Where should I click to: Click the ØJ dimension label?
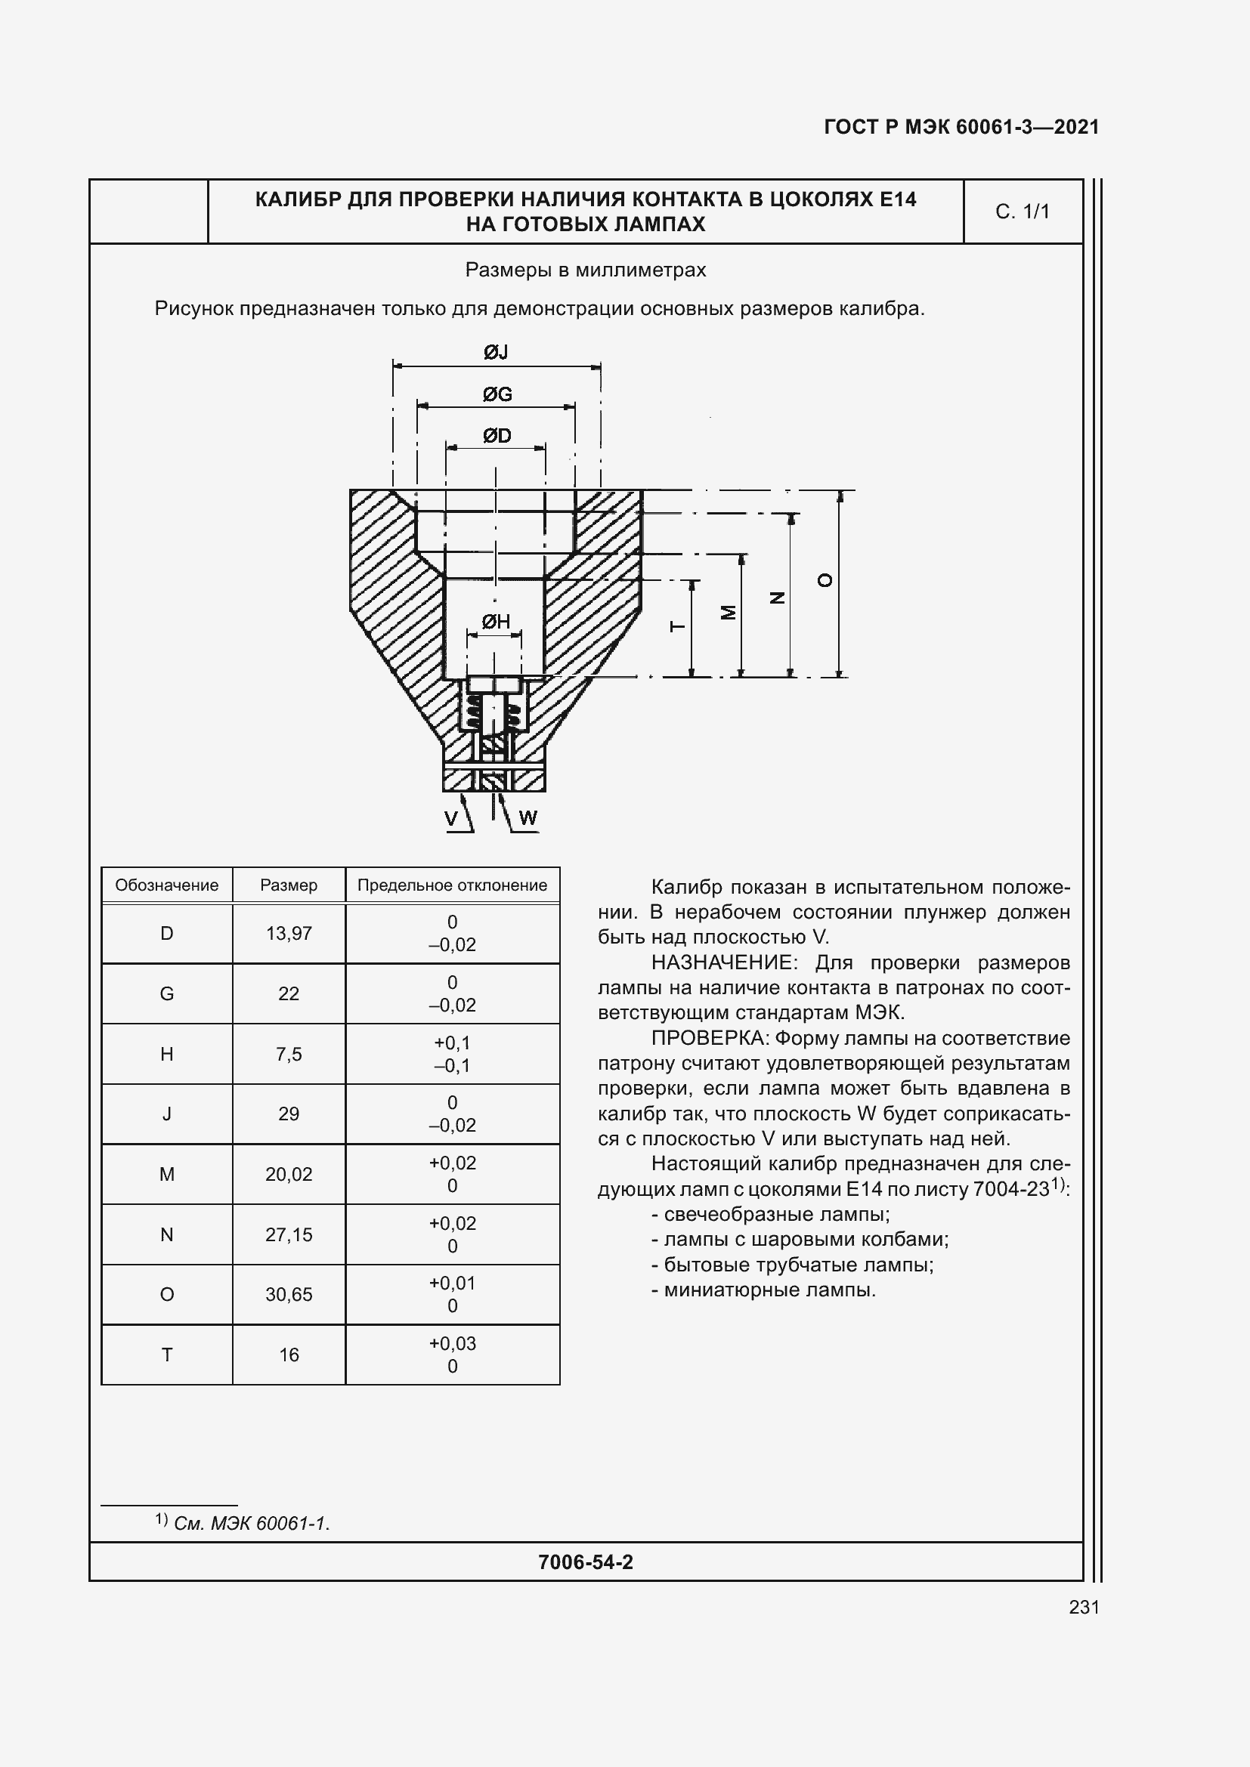tap(496, 353)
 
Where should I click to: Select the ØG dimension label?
tap(497, 395)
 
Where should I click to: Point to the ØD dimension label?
tap(497, 437)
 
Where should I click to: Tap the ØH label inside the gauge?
tap(496, 622)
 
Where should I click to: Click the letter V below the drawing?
tap(452, 818)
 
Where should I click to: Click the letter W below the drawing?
tap(528, 818)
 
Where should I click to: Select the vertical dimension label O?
tap(825, 581)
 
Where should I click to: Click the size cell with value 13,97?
tap(289, 934)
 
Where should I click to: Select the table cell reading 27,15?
tap(289, 1235)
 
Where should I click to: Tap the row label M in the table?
tap(167, 1175)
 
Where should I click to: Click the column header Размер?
tap(289, 885)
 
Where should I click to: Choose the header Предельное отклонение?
tap(452, 885)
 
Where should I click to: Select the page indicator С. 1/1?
tap(1023, 212)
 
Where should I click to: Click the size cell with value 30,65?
tap(289, 1295)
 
